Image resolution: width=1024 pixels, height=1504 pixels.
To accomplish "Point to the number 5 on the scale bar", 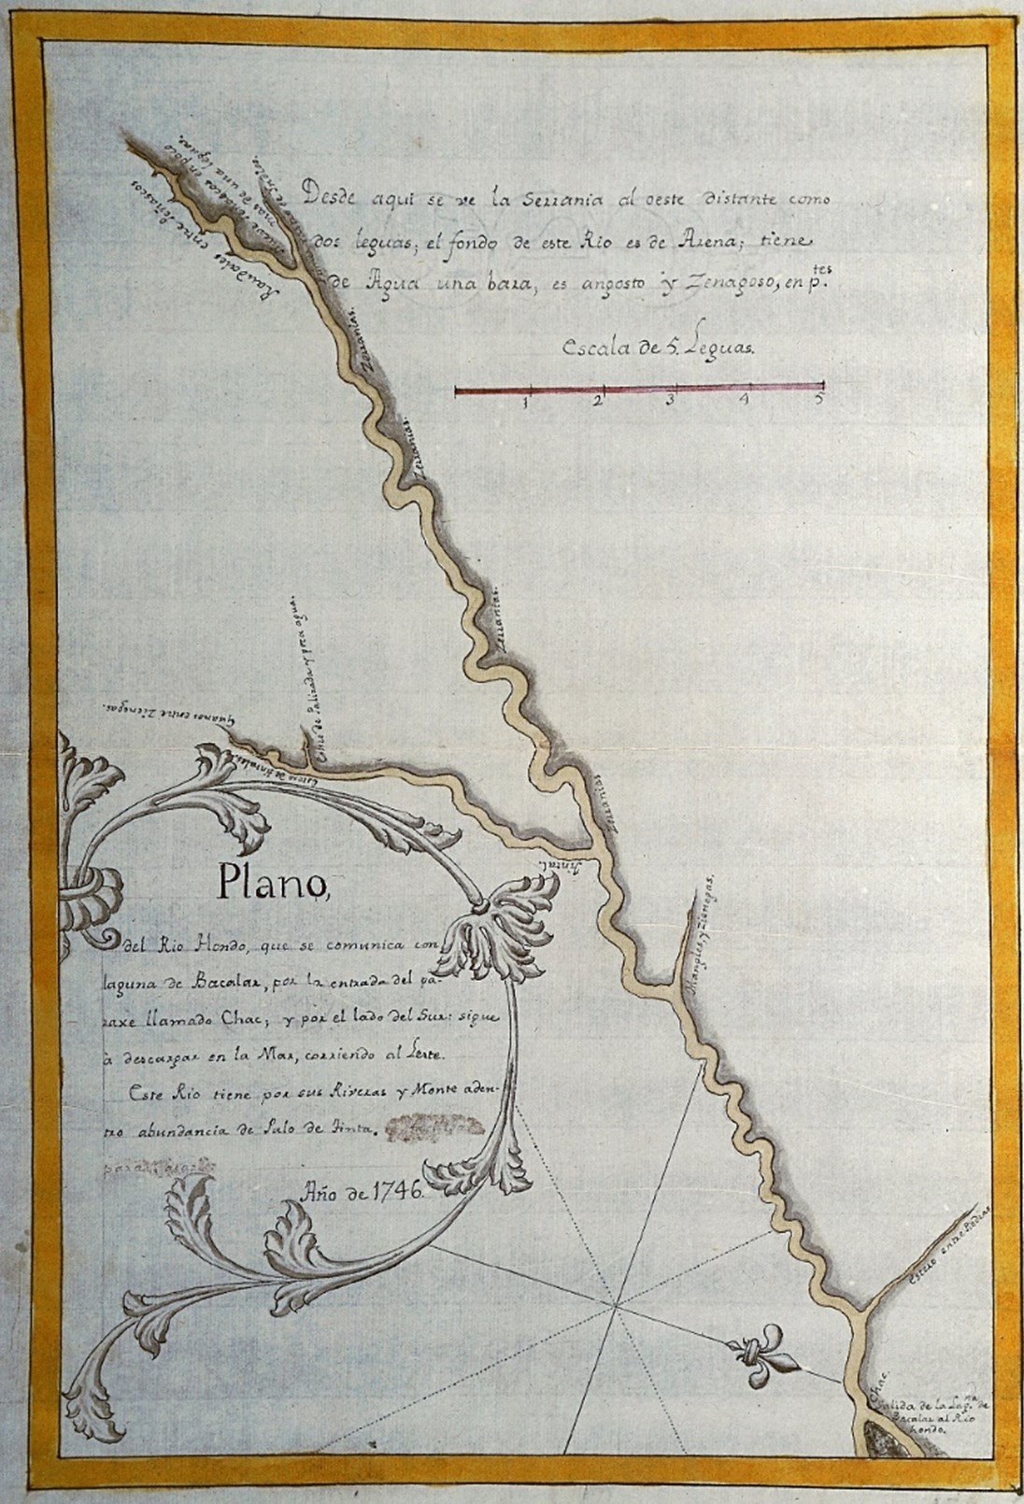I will pos(819,400).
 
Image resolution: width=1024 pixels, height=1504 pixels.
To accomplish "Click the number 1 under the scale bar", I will pos(527,403).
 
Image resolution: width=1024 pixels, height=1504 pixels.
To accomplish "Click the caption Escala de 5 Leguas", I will pos(663,347).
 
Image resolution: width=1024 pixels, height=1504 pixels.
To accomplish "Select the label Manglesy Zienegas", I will pos(702,938).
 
